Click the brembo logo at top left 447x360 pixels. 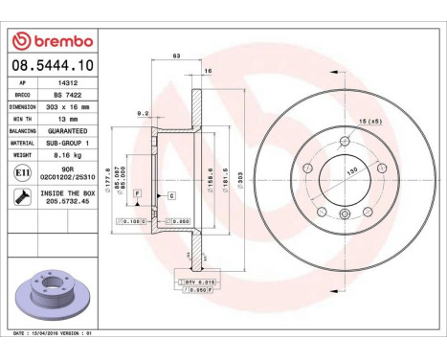52,40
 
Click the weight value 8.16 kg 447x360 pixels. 62,154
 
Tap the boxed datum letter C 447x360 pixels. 171,195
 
